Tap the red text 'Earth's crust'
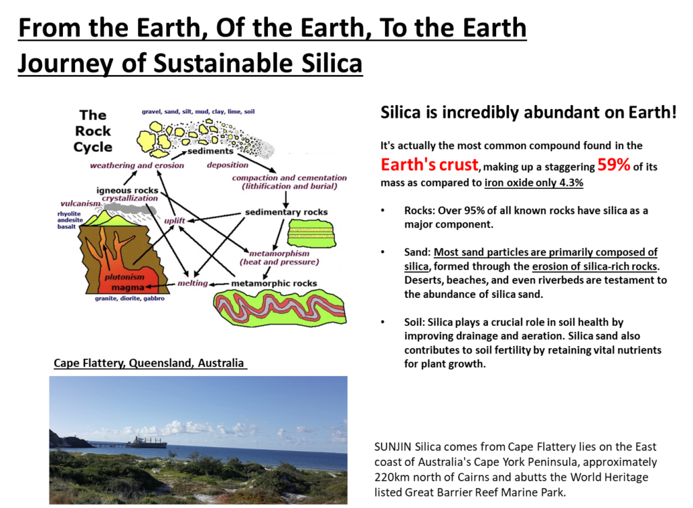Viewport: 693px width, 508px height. tap(429, 165)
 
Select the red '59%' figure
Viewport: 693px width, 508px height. tap(613, 165)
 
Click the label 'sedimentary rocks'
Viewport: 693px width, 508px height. tap(286, 212)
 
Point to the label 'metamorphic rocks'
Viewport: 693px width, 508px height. tap(274, 283)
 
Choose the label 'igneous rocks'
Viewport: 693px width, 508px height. tap(127, 190)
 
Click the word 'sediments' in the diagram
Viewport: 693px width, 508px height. tap(210, 151)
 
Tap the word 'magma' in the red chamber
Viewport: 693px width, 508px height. tap(128, 288)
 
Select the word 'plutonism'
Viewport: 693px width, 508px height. tap(125, 277)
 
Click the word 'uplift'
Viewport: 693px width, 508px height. tap(175, 221)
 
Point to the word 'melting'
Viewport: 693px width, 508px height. tap(192, 283)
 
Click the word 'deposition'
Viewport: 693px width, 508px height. tap(227, 165)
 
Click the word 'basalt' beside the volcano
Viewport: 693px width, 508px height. tap(66, 227)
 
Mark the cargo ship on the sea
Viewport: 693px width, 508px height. tap(148, 442)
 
